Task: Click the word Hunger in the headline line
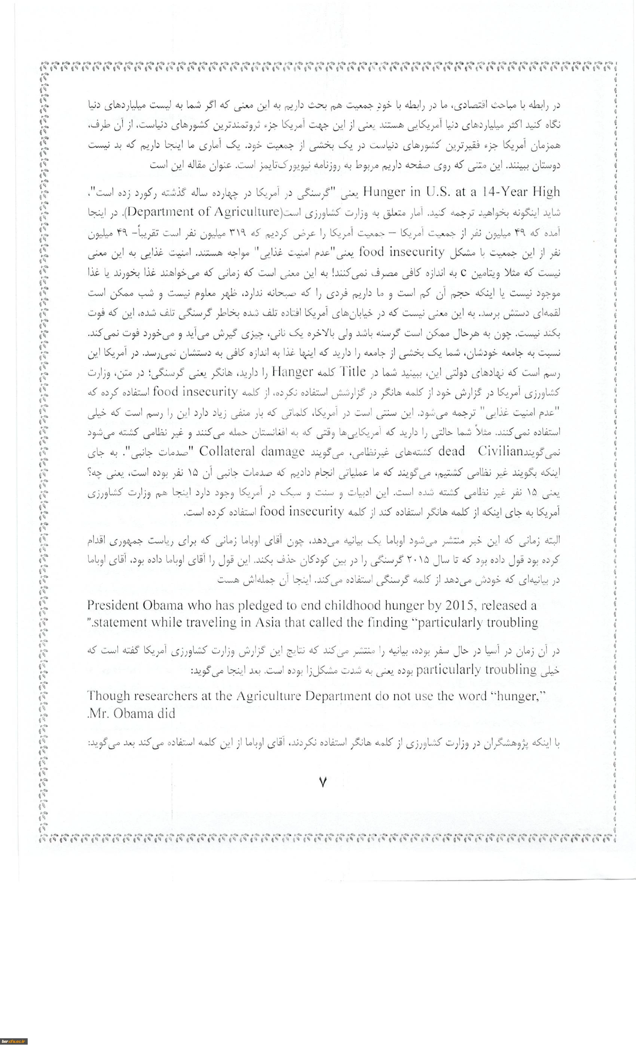(x=385, y=192)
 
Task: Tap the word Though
(x=108, y=696)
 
